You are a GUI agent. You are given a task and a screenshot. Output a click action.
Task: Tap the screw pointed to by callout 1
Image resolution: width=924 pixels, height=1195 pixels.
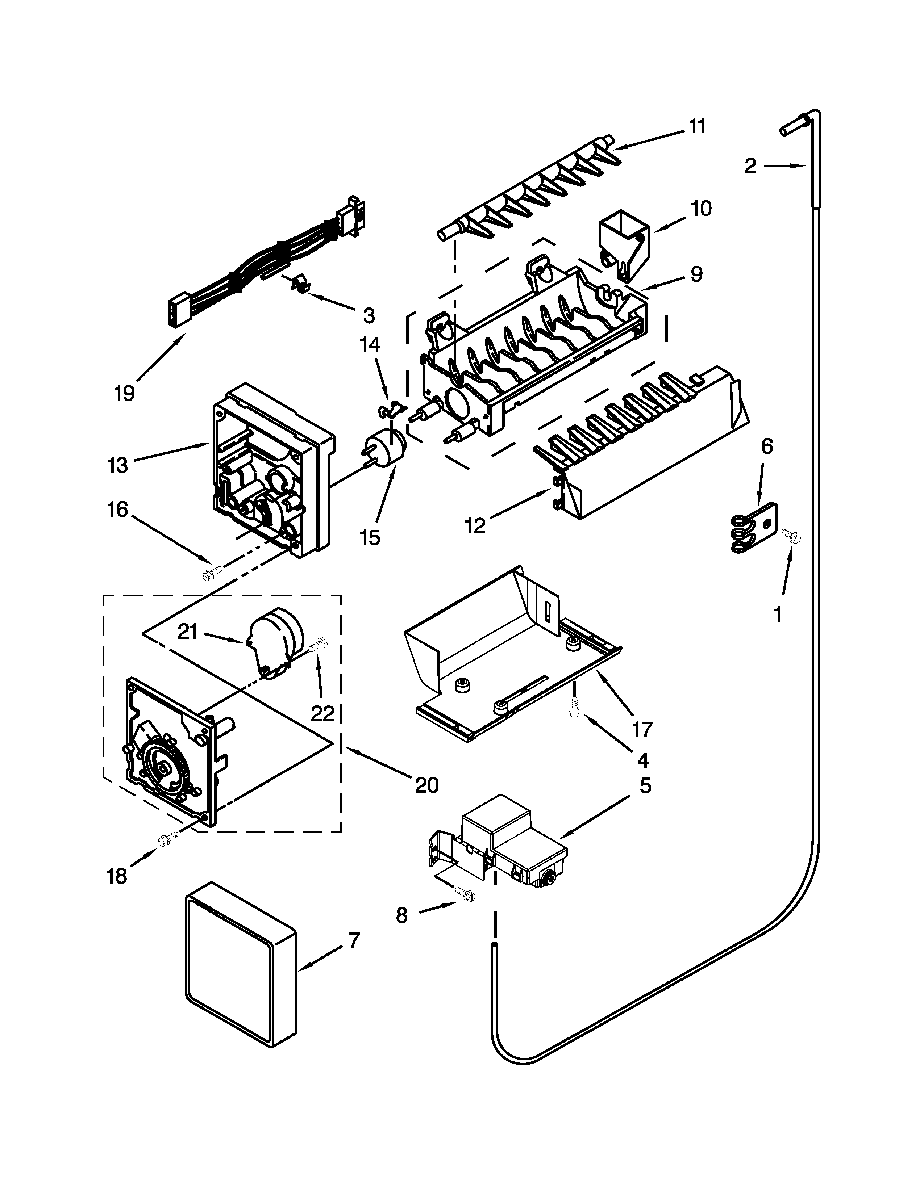tap(791, 535)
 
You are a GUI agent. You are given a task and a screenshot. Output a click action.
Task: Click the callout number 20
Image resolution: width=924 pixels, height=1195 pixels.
tap(427, 785)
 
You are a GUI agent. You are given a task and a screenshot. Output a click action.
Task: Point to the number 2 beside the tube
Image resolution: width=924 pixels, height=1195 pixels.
tap(750, 166)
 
